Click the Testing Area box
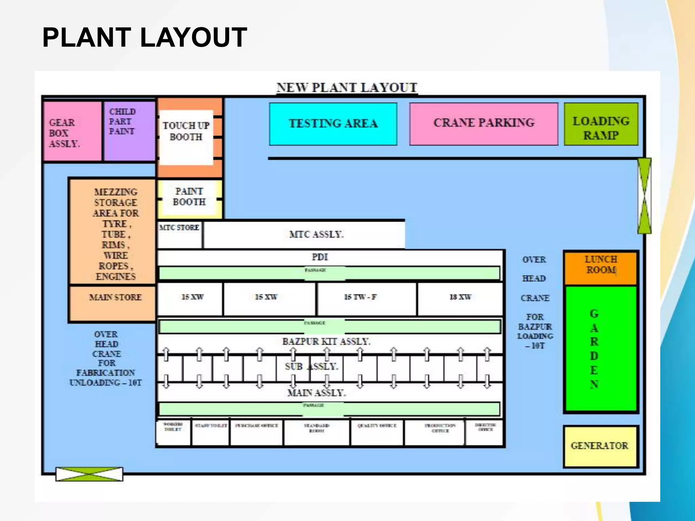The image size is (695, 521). pos(333,124)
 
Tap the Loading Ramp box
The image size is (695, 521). pos(601,124)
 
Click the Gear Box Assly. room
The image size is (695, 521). pos(72,131)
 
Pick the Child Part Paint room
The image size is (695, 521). pos(129,131)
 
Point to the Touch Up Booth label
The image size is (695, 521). pos(186,131)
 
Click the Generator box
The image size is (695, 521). pos(600,446)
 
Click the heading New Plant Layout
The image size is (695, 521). pos(346,88)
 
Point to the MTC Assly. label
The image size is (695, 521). pos(316,234)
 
